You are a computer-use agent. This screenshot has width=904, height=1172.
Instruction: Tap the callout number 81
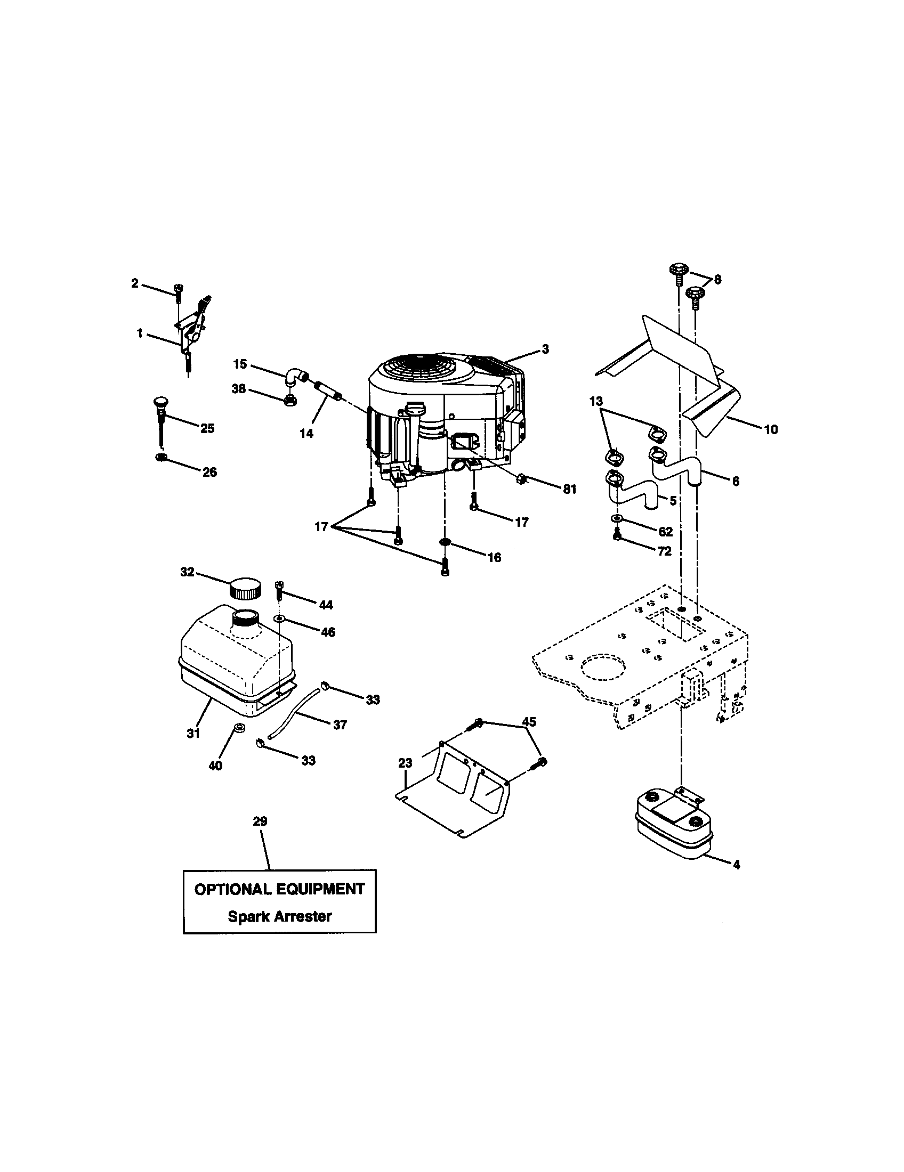(570, 489)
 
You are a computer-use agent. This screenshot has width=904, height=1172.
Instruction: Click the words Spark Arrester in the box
(279, 916)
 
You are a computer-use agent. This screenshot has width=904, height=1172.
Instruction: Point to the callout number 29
(260, 821)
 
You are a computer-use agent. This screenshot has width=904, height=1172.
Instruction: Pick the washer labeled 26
(160, 457)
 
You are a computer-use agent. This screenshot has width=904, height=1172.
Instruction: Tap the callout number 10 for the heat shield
(770, 429)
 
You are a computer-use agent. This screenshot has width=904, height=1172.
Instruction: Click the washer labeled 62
(616, 518)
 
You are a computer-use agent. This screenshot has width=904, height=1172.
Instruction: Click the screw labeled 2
(177, 291)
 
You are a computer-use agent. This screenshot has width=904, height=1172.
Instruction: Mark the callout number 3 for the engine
(545, 349)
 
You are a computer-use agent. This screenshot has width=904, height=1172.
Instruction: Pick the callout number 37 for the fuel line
(340, 725)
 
